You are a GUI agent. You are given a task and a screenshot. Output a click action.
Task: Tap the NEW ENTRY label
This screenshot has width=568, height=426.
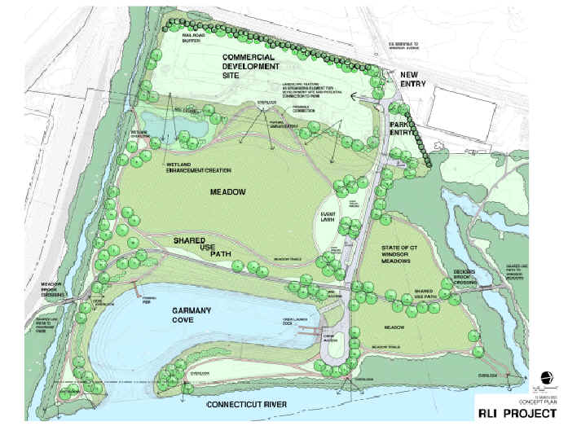(x=415, y=79)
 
